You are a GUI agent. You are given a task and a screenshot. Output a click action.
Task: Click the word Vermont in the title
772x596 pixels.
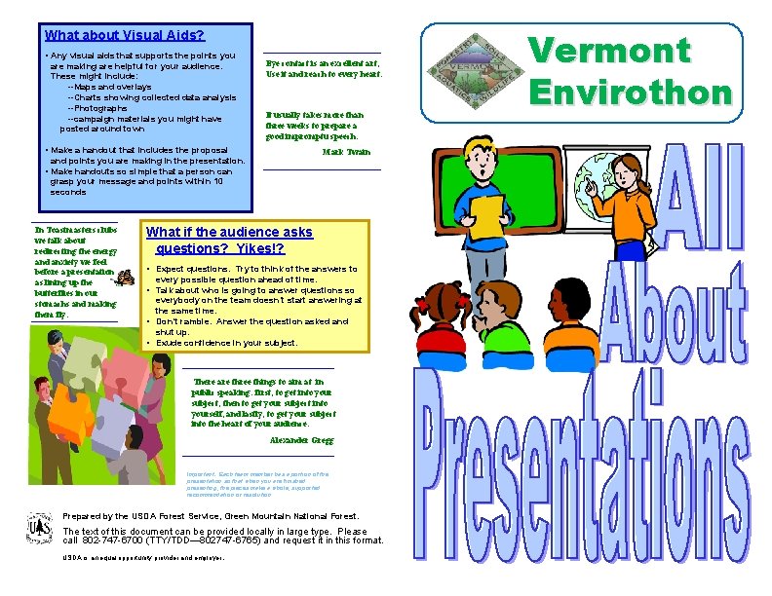[608, 50]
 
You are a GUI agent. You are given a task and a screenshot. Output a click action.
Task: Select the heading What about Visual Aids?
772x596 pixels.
[125, 34]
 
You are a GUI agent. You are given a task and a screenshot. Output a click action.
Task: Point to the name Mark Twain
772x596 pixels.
[346, 152]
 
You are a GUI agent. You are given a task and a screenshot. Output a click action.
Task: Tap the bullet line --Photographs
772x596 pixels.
[103, 108]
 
